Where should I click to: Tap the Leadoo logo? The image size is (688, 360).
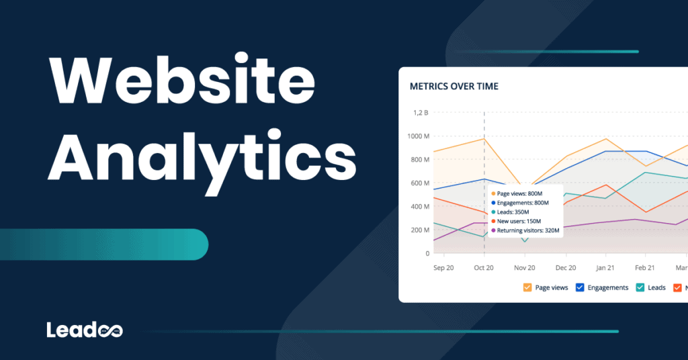tap(85, 330)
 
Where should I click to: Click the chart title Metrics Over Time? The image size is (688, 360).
tap(454, 87)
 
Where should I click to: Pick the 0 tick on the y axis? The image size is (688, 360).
tap(427, 254)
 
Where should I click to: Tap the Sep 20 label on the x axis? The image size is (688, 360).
tap(443, 267)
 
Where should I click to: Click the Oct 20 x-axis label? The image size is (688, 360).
tap(484, 267)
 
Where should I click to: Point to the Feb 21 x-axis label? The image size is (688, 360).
tap(645, 267)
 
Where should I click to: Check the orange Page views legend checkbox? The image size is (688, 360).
tap(528, 287)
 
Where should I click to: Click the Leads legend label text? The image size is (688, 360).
tap(656, 287)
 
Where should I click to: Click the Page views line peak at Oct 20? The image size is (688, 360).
tap(484, 138)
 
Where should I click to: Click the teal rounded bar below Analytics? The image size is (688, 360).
tap(104, 244)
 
